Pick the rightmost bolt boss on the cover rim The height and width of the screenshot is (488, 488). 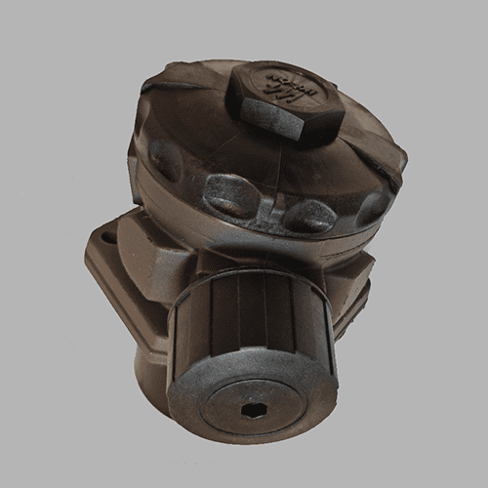click(372, 208)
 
